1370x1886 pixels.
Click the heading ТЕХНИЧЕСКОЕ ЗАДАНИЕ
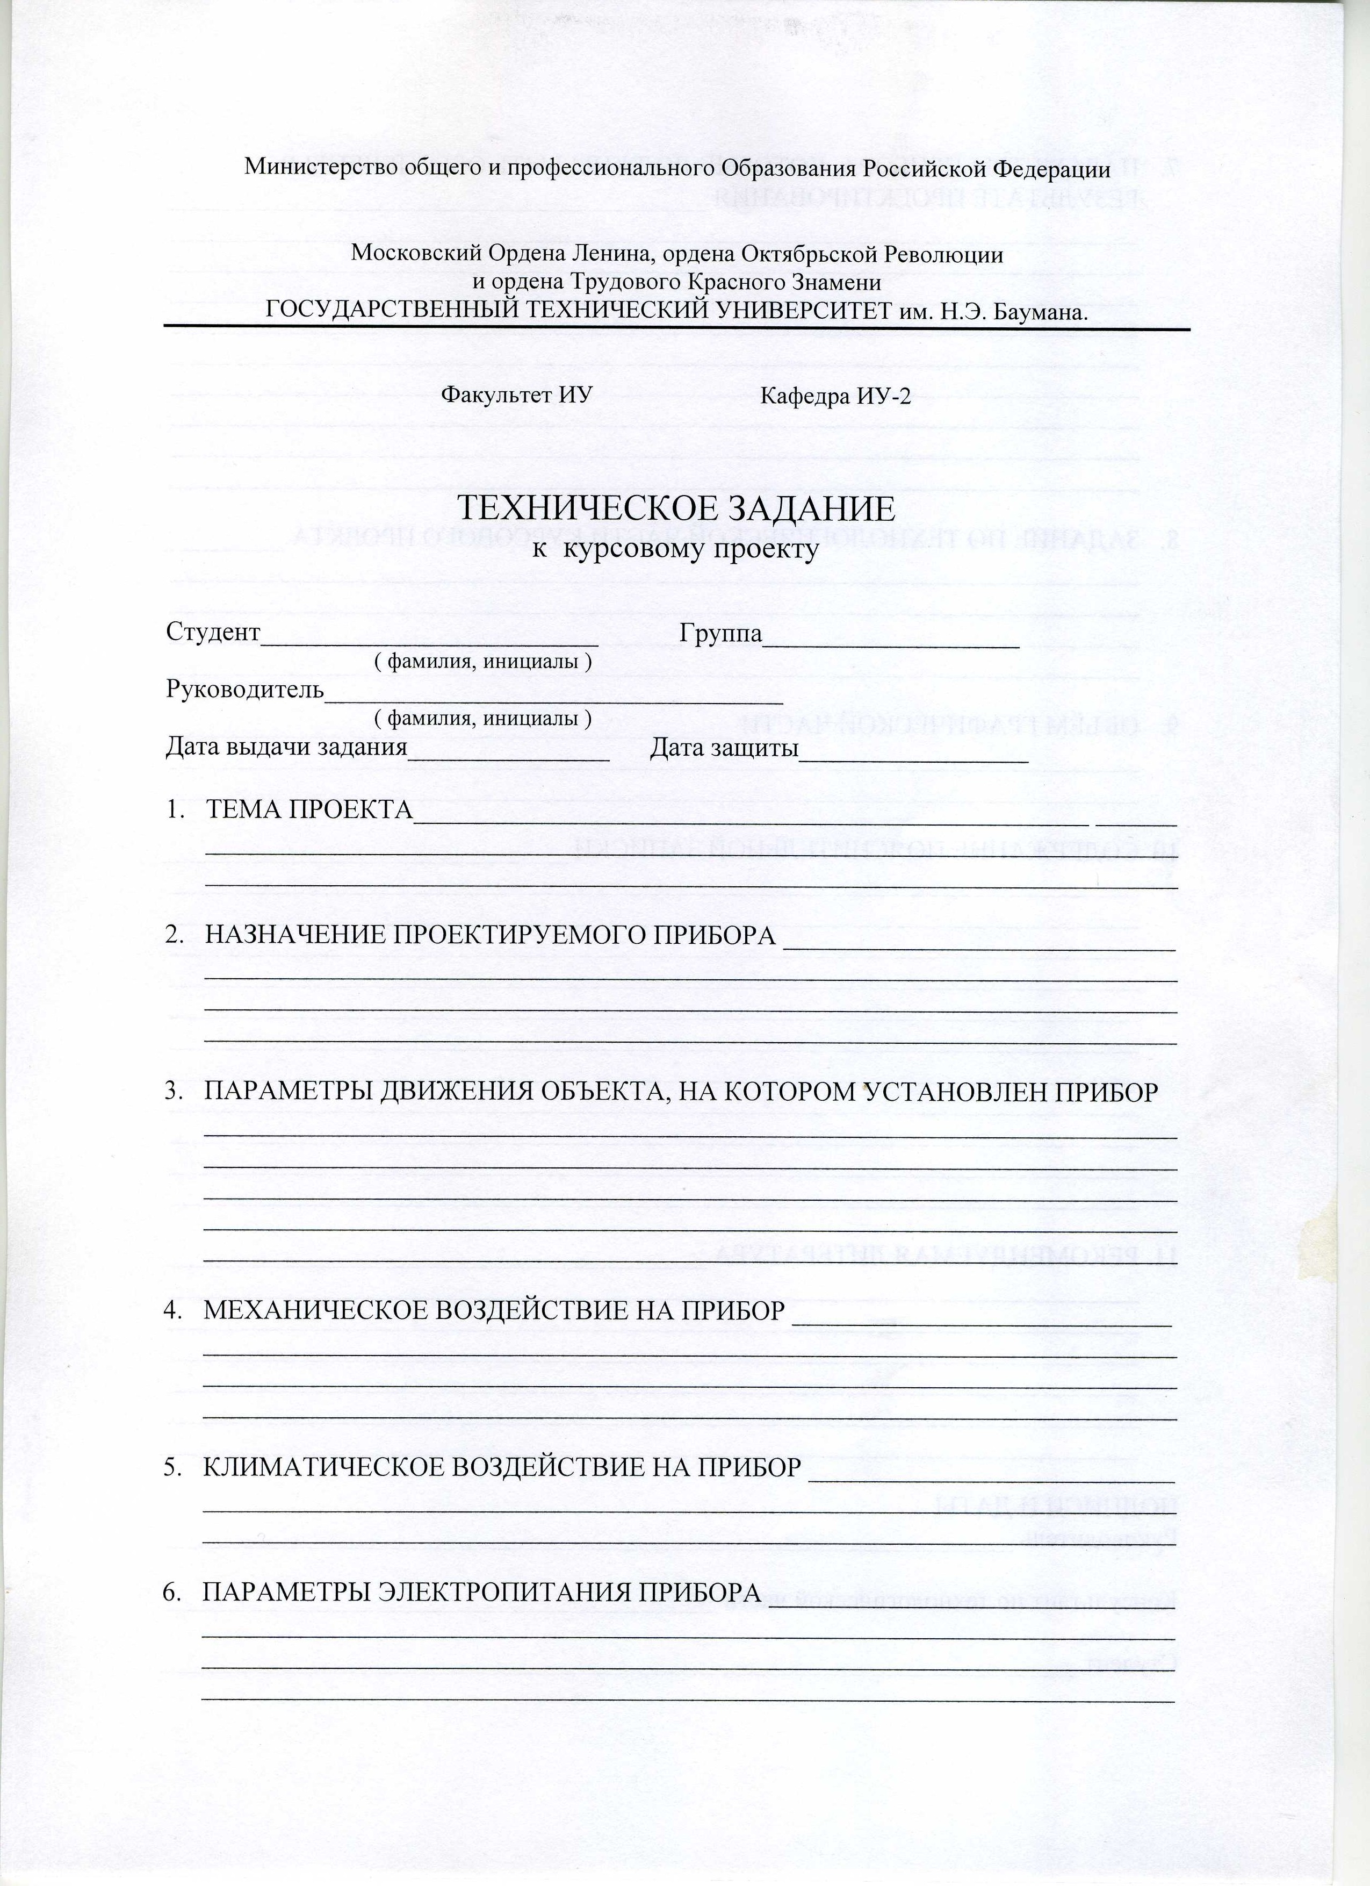[x=677, y=509]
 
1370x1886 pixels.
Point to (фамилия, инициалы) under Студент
[x=483, y=662]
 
